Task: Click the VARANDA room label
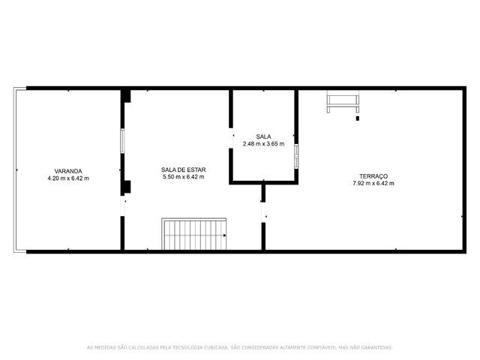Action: (x=68, y=171)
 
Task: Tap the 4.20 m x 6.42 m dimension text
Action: (x=68, y=178)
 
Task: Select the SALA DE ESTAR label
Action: (x=183, y=169)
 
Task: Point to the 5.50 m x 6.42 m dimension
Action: (x=183, y=177)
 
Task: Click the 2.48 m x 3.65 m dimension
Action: (x=263, y=143)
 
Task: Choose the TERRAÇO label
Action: (x=373, y=176)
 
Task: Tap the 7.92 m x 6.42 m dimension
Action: (x=373, y=183)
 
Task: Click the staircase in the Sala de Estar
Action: (x=194, y=234)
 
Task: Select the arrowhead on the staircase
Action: (x=225, y=235)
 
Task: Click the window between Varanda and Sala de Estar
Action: (x=122, y=141)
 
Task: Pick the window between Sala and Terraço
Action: (x=296, y=156)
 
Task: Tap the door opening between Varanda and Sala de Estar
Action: (x=122, y=205)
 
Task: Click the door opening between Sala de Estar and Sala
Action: (x=231, y=138)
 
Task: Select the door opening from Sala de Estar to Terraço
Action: (x=263, y=212)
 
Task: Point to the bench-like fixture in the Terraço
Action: (x=343, y=102)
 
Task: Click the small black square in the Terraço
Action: (x=357, y=118)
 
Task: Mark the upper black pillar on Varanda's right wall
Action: (x=125, y=96)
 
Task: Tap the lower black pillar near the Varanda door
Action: (x=125, y=187)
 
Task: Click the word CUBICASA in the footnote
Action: (x=217, y=347)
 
